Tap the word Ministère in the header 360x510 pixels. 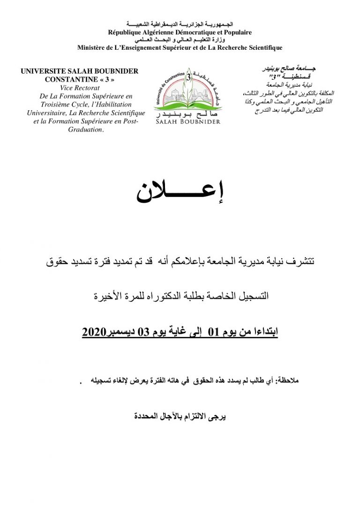(95, 47)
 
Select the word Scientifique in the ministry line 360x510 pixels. (262, 47)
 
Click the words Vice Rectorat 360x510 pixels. (78, 88)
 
